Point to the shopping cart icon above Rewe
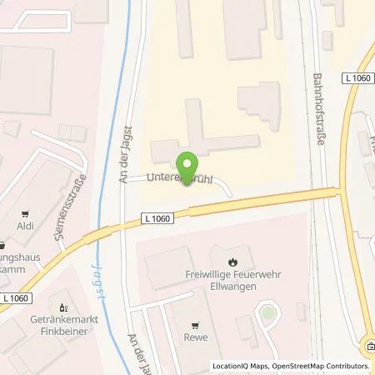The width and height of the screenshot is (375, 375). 196,326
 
